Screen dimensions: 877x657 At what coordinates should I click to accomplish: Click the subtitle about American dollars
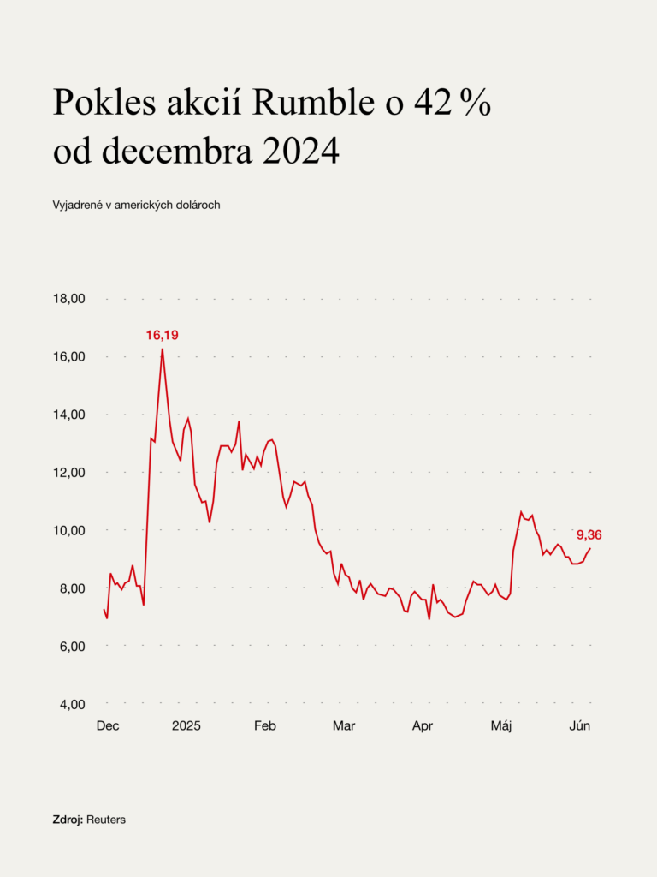pyautogui.click(x=137, y=206)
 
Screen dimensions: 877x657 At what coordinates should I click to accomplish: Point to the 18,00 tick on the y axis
pyautogui.click(x=69, y=299)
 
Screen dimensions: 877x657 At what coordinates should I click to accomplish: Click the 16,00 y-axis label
pyautogui.click(x=69, y=356)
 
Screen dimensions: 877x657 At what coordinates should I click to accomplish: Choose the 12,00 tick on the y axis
pyautogui.click(x=69, y=472)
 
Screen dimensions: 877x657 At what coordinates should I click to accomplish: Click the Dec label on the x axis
pyautogui.click(x=108, y=725)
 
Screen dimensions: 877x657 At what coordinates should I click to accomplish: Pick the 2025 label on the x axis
pyautogui.click(x=186, y=725)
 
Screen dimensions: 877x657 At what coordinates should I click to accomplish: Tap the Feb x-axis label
pyautogui.click(x=265, y=725)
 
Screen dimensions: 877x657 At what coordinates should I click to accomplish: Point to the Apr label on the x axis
pyautogui.click(x=423, y=725)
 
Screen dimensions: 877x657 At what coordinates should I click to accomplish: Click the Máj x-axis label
pyautogui.click(x=501, y=725)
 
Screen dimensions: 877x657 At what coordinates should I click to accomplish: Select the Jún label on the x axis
pyautogui.click(x=580, y=725)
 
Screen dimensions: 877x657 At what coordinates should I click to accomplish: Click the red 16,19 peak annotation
pyautogui.click(x=161, y=335)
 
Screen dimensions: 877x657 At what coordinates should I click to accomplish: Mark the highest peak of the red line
pyautogui.click(x=163, y=349)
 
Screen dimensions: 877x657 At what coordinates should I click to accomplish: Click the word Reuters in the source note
pyautogui.click(x=106, y=820)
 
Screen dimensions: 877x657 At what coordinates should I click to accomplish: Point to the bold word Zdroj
pyautogui.click(x=68, y=820)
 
